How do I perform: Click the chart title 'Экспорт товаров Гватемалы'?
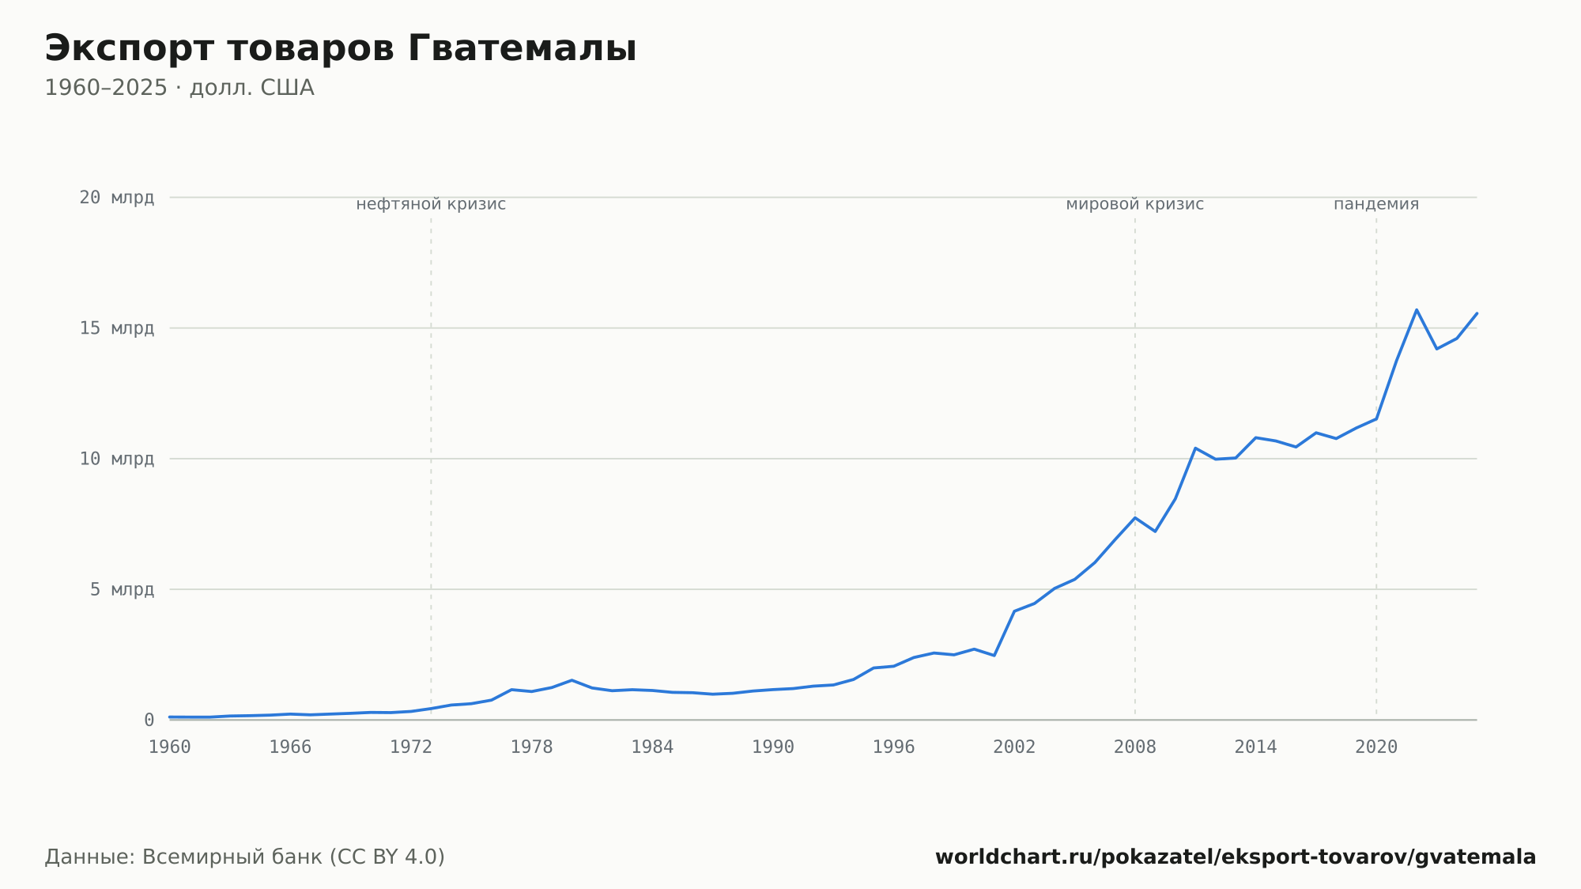click(x=341, y=49)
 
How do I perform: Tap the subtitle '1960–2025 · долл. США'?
click(x=179, y=88)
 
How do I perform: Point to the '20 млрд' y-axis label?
click(x=117, y=198)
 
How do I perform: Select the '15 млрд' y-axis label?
click(x=117, y=328)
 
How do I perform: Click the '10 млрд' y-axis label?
click(x=117, y=459)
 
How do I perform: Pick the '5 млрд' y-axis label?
click(x=122, y=589)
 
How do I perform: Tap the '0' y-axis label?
click(x=149, y=721)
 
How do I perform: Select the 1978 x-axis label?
click(x=531, y=747)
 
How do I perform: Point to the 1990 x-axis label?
click(x=773, y=747)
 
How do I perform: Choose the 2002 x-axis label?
click(x=1014, y=747)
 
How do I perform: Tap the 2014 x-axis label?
click(x=1255, y=747)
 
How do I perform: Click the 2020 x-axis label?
click(x=1376, y=747)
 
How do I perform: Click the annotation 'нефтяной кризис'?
click(x=431, y=204)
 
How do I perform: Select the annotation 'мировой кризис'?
click(x=1135, y=204)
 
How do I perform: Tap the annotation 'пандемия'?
click(x=1376, y=204)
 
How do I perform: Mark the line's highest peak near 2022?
click(x=1417, y=309)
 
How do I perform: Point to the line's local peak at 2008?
click(x=1135, y=517)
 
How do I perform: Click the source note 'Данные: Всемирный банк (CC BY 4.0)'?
click(x=244, y=857)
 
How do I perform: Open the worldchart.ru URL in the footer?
click(x=1236, y=857)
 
